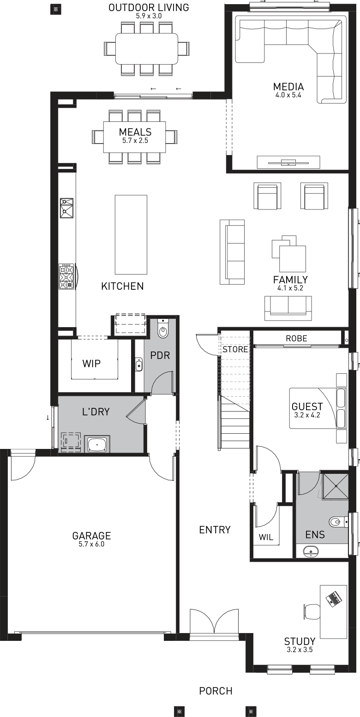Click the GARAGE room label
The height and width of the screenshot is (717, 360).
click(x=91, y=536)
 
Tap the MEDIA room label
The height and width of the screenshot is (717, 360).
click(x=288, y=87)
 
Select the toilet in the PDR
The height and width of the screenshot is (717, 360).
click(x=163, y=330)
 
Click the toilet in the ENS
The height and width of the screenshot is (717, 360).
click(x=336, y=522)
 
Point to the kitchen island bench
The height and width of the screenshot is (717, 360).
click(x=131, y=235)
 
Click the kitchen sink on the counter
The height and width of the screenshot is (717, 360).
click(x=66, y=207)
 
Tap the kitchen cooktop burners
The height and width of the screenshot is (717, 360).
click(x=66, y=276)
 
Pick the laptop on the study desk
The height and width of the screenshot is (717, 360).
click(x=333, y=598)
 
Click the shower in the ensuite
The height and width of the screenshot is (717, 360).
click(x=334, y=485)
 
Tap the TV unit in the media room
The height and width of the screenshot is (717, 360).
click(x=288, y=162)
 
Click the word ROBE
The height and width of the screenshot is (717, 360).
click(x=296, y=338)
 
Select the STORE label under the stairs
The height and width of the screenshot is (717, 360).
click(x=235, y=349)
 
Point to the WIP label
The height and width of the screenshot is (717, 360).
click(x=91, y=364)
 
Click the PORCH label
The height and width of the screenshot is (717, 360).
click(x=216, y=691)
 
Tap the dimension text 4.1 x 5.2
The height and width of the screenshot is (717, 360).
click(x=290, y=288)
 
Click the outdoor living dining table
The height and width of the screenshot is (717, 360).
click(x=147, y=48)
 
